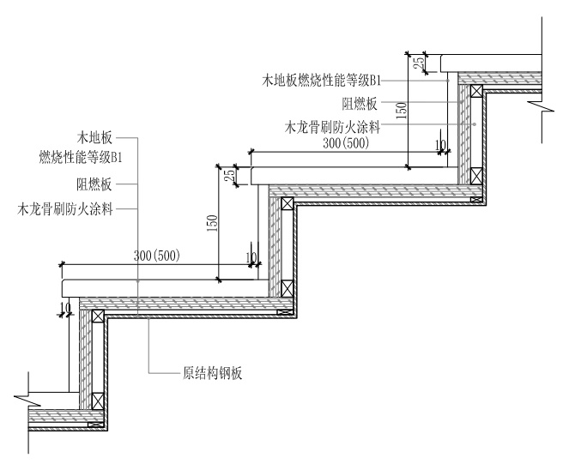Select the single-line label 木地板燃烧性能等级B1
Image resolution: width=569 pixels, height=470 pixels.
(321, 81)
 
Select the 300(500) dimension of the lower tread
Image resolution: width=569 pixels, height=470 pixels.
(163, 256)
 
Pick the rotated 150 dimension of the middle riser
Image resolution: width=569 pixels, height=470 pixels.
(212, 222)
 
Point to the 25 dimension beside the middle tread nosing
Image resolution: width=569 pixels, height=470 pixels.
(229, 175)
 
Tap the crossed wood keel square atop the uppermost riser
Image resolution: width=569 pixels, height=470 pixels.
(475, 89)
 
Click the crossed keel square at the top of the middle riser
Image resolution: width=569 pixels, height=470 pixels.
(287, 204)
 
